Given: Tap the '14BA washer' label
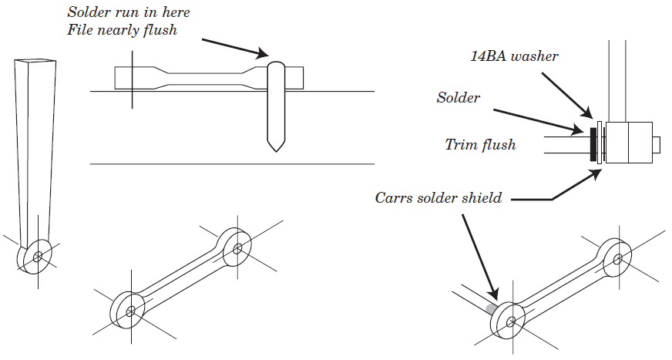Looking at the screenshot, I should tap(514, 56).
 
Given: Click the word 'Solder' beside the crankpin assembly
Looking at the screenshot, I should tap(458, 98).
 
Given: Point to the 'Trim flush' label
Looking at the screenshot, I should tap(480, 144).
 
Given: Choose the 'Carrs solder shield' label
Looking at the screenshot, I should tap(438, 198).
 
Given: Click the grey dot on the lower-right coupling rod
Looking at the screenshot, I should tap(491, 309).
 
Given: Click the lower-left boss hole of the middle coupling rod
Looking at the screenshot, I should tap(131, 311).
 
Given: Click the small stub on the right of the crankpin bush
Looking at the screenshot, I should tap(657, 143).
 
